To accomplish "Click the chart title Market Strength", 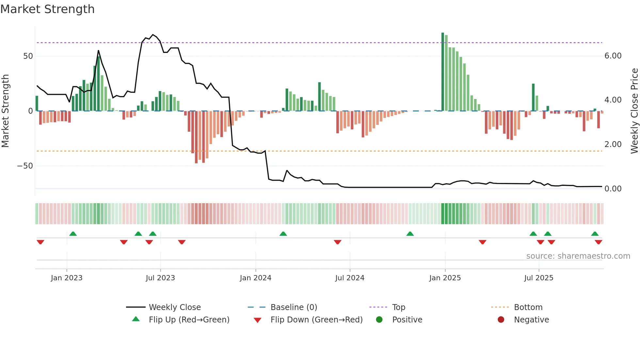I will click(47, 9).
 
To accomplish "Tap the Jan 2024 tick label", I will click(255, 278).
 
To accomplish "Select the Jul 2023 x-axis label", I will click(160, 278).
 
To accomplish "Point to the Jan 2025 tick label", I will click(445, 278).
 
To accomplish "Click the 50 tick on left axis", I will click(28, 56).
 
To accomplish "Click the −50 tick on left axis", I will click(25, 166).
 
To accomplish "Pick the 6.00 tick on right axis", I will click(613, 56).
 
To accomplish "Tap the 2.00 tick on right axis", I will click(613, 144).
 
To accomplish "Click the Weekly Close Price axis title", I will click(634, 111).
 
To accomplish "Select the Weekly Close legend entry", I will click(175, 307).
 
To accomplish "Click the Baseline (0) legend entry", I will click(294, 307).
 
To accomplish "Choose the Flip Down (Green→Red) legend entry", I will click(316, 320).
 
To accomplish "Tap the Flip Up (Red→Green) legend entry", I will click(189, 320).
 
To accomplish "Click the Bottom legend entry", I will click(528, 307).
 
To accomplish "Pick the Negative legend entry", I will click(531, 320).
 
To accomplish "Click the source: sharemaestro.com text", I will click(578, 256).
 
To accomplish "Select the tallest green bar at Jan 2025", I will click(443, 72).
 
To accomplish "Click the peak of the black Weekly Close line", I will click(153, 35).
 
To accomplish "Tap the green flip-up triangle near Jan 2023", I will click(73, 234).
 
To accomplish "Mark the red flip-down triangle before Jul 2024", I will click(338, 242).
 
